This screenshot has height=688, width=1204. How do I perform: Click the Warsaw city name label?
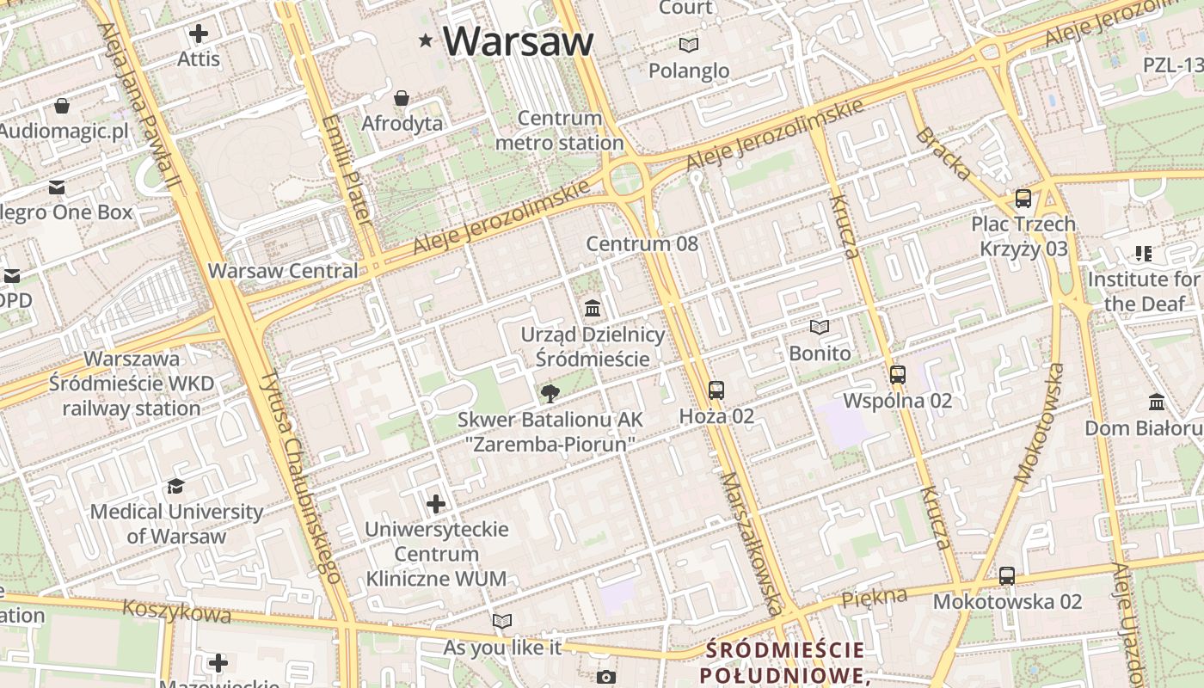(519, 40)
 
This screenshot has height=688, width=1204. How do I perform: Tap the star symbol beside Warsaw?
(426, 40)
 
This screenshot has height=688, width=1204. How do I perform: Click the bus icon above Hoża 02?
(716, 390)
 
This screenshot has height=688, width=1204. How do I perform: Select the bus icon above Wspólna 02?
(898, 374)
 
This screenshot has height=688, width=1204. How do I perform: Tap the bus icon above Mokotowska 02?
(1007, 575)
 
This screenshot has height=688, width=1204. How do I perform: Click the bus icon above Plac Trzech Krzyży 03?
(1023, 198)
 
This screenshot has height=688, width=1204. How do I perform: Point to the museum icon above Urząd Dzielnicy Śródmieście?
(593, 308)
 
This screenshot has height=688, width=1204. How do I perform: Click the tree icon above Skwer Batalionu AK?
(550, 394)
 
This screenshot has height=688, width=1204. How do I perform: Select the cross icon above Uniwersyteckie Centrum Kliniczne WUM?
(436, 503)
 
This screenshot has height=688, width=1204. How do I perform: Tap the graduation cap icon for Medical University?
(176, 486)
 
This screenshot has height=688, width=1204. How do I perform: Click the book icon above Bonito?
(820, 328)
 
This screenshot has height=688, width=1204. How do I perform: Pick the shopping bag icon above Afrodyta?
(402, 98)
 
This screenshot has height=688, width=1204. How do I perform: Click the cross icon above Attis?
(199, 34)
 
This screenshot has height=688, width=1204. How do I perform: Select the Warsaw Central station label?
(283, 270)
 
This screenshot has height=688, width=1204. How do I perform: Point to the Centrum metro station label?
(559, 131)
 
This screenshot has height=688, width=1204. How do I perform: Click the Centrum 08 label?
(642, 243)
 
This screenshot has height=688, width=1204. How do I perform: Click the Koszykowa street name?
(176, 611)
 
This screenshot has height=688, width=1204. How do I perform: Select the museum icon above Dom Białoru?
(1157, 402)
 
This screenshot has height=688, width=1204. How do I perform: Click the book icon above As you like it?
(502, 621)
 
